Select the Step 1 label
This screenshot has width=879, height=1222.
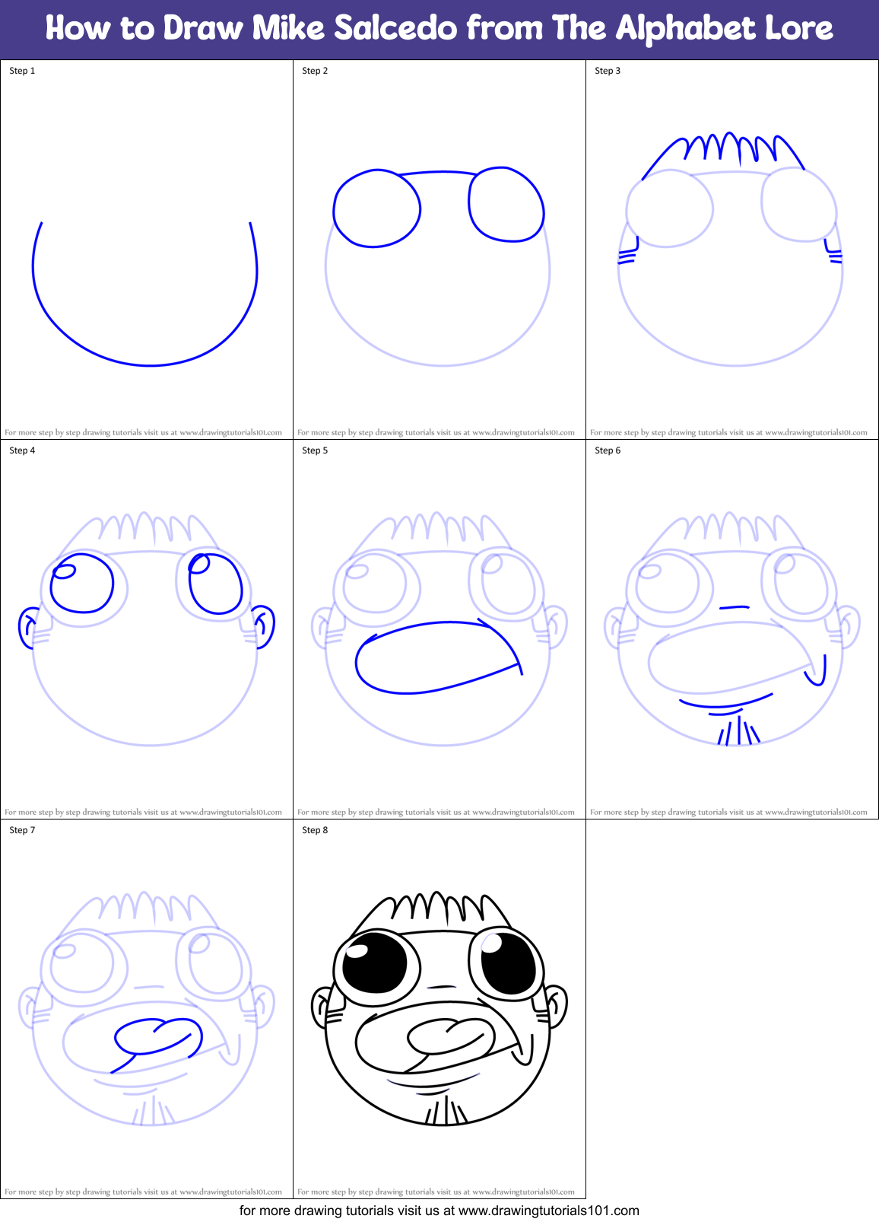pyautogui.click(x=22, y=71)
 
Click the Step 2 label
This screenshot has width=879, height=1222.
pyautogui.click(x=315, y=71)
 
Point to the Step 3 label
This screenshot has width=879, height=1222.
pyautogui.click(x=608, y=71)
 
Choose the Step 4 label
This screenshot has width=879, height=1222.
pyautogui.click(x=22, y=450)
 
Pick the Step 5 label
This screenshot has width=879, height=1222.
pyautogui.click(x=315, y=450)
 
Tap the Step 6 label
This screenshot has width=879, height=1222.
pyautogui.click(x=608, y=450)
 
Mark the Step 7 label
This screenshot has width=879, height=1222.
pyautogui.click(x=22, y=830)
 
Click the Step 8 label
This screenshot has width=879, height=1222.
pyautogui.click(x=315, y=830)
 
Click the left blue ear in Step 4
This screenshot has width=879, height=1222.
pyautogui.click(x=28, y=628)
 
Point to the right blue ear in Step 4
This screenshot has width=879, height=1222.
pyautogui.click(x=264, y=626)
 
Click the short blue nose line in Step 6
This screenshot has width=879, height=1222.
pyautogui.click(x=734, y=607)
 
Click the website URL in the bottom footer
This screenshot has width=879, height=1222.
pyautogui.click(x=548, y=1211)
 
